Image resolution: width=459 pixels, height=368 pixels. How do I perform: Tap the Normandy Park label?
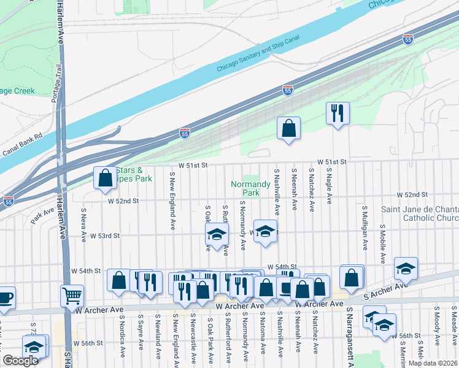tap(250, 188)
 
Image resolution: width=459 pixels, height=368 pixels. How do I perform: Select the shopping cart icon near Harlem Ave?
tap(72, 296)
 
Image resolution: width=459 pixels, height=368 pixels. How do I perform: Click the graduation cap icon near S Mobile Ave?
tap(406, 268)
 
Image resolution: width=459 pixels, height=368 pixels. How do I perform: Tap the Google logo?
tap(20, 361)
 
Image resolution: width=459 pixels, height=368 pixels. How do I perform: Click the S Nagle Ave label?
tap(330, 186)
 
